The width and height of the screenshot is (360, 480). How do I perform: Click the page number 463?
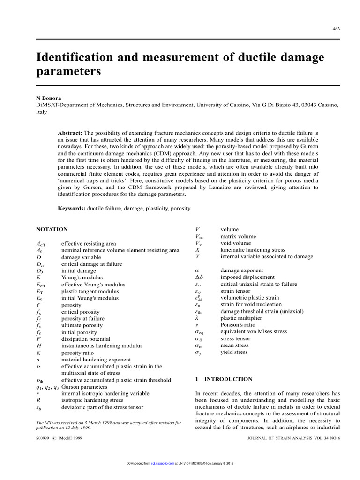(x=336, y=29)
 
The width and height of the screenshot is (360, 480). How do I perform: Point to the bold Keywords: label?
(x=72, y=208)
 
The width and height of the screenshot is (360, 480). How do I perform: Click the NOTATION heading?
(x=52, y=229)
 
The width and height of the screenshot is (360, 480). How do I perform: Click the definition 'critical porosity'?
(x=80, y=312)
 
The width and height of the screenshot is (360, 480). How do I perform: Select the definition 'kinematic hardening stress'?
(x=253, y=250)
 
